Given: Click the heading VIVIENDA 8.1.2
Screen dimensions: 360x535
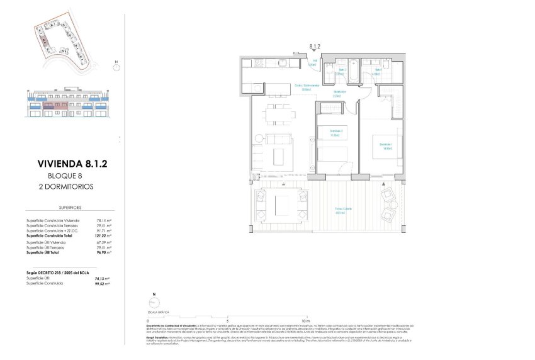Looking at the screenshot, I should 72,164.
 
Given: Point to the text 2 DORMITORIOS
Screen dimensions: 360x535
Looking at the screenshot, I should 65,186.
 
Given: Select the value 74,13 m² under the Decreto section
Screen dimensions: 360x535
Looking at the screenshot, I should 103,278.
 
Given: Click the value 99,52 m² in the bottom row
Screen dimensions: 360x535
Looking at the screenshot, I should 103,283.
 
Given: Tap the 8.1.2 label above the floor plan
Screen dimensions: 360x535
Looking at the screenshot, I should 315,46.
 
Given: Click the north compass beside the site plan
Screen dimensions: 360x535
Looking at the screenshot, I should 116,63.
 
